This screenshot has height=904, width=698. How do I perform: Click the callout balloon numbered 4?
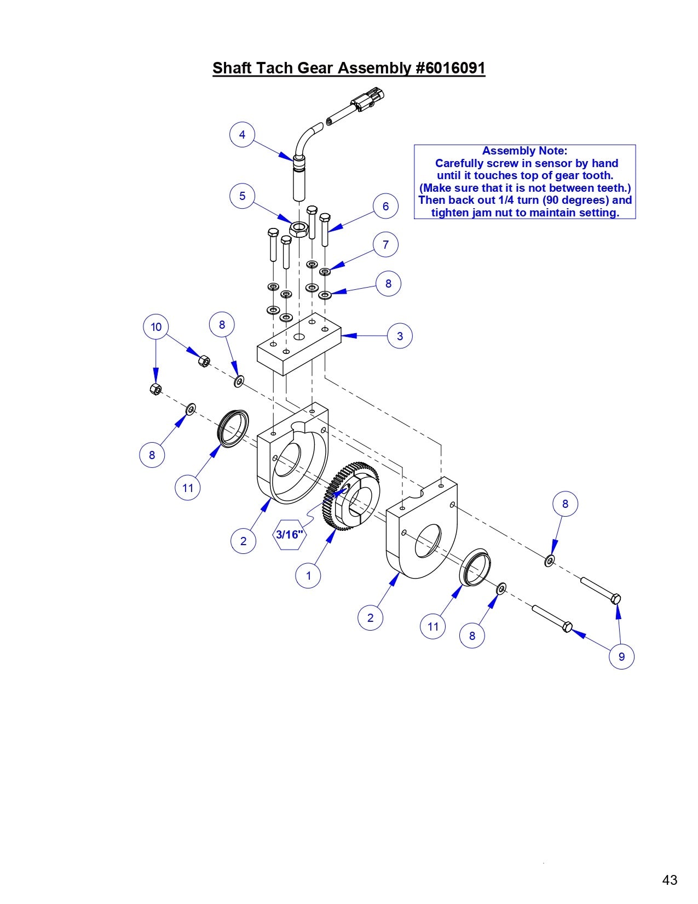tap(242, 134)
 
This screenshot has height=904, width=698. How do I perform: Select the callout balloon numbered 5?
tap(242, 196)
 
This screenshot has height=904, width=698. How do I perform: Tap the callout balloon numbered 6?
tap(385, 206)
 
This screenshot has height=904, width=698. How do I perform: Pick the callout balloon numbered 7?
tap(385, 244)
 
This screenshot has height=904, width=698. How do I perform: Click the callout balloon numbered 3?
tap(400, 336)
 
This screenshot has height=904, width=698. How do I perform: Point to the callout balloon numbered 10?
tap(156, 327)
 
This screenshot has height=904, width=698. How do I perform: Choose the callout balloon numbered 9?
tap(621, 656)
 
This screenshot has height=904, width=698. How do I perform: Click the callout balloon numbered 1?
tap(308, 576)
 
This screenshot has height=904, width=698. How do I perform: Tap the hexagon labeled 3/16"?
tap(289, 534)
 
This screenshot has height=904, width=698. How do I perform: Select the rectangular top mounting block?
tap(298, 351)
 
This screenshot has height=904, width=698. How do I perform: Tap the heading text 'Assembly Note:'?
tap(524, 151)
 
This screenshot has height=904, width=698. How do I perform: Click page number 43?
tap(670, 880)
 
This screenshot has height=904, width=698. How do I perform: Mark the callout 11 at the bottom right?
tap(433, 626)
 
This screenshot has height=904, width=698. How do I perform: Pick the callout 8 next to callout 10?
tap(222, 324)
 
